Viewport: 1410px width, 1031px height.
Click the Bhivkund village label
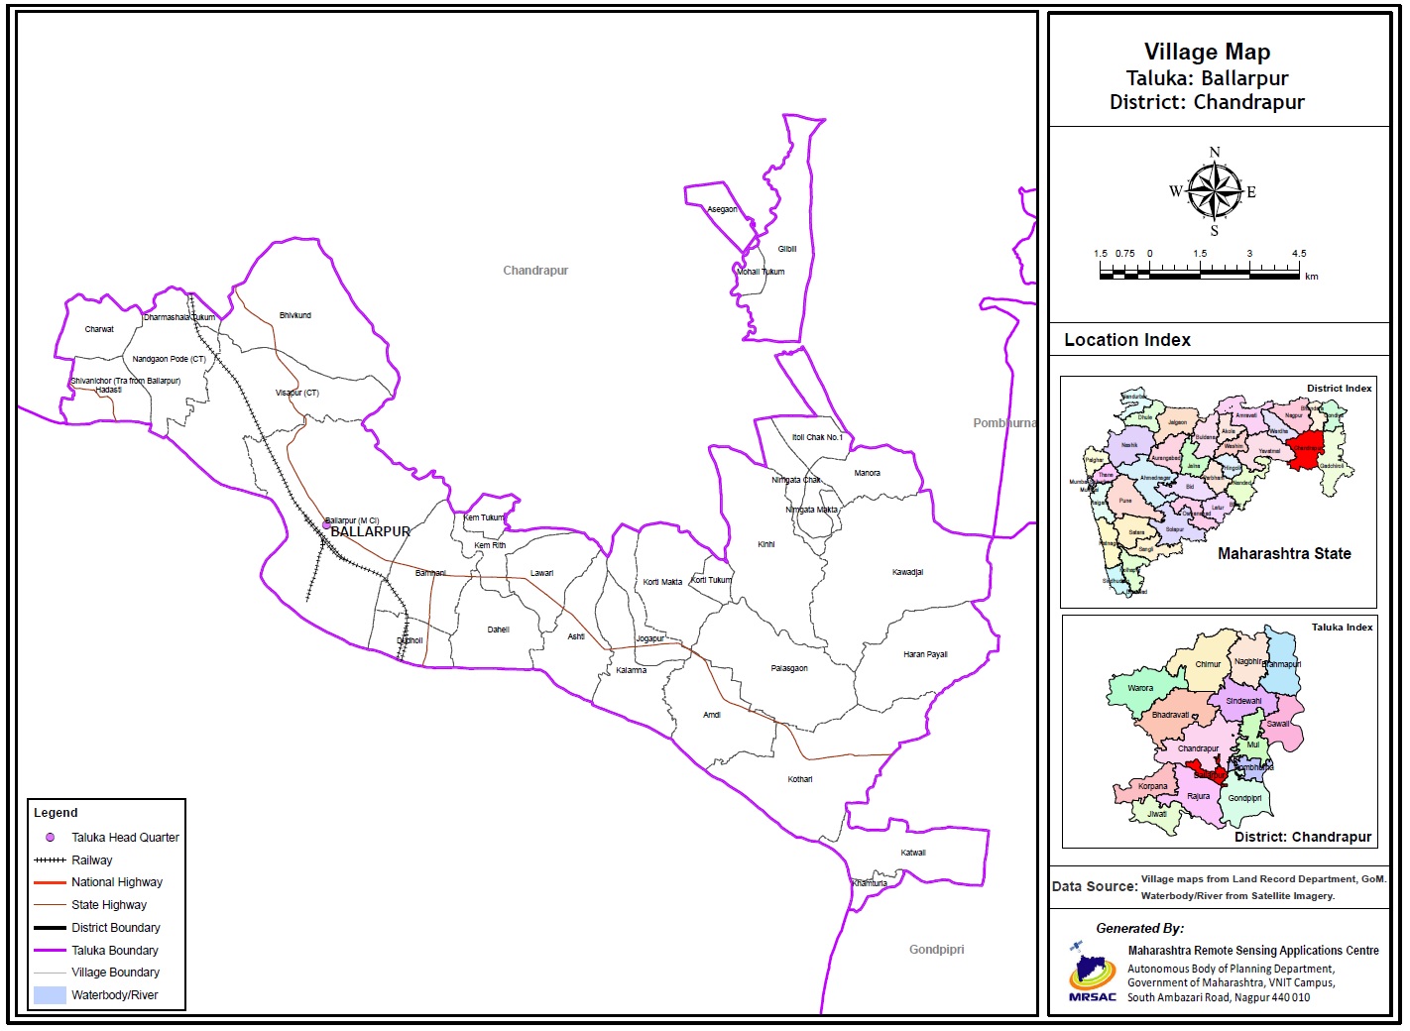point(294,315)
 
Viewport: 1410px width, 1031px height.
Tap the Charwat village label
point(99,329)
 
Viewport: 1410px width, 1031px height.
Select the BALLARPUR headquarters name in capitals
point(370,532)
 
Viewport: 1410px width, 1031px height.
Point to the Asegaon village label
point(722,209)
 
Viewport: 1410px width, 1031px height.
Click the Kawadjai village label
point(907,572)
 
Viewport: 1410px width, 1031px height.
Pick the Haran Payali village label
point(925,654)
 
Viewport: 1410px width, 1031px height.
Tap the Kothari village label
point(800,779)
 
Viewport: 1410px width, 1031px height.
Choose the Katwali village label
point(913,853)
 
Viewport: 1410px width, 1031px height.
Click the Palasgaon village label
point(789,668)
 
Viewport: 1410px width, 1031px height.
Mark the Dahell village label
point(498,630)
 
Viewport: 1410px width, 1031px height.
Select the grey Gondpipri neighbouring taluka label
point(936,950)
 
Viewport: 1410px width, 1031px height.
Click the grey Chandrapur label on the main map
point(535,271)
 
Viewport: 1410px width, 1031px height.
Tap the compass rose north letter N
point(1215,153)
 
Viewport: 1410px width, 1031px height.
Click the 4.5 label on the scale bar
point(1299,254)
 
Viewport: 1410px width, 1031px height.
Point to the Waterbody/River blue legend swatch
point(50,995)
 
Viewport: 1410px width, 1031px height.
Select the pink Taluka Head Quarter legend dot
point(50,838)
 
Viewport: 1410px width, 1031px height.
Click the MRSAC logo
point(1092,973)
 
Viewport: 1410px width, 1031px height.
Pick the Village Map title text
point(1207,53)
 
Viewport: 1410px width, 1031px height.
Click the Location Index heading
point(1127,340)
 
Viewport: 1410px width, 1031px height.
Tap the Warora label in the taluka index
point(1140,688)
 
